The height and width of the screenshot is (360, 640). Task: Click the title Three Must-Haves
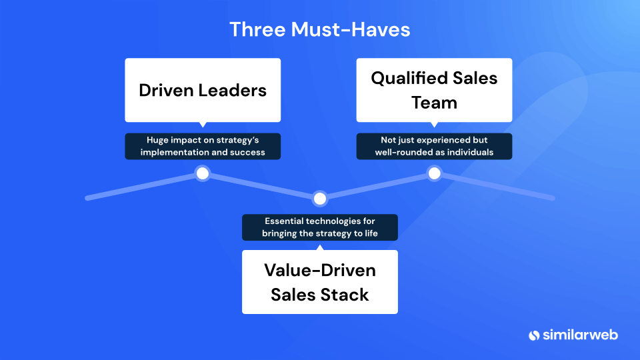[319, 29]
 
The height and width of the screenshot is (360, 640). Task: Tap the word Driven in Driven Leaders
[166, 90]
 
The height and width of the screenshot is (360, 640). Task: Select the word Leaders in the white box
[232, 90]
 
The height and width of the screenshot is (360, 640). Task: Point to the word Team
[434, 103]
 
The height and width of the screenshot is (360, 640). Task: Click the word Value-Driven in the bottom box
[319, 270]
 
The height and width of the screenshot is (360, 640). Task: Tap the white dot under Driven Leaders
[203, 173]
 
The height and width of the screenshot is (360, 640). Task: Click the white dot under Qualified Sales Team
[434, 173]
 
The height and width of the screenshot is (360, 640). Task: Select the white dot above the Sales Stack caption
[320, 199]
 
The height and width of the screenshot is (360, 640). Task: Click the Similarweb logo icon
[534, 335]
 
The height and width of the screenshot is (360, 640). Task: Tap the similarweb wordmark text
[580, 335]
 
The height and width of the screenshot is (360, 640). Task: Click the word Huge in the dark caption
[157, 141]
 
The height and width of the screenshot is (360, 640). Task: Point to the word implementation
[175, 153]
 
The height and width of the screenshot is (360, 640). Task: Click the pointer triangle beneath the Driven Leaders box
[203, 125]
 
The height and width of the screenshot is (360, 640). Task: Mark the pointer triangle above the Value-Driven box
[320, 248]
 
